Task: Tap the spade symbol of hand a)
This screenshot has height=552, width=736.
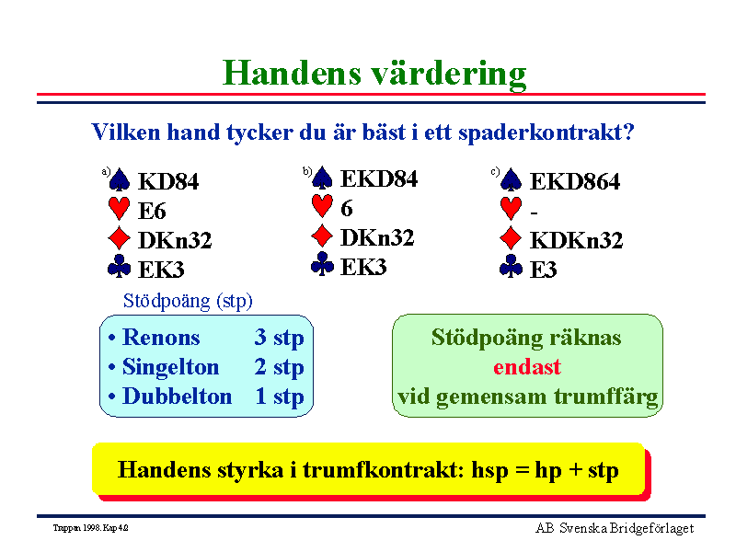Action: [x=120, y=179]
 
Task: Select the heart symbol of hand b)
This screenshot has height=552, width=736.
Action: [x=322, y=206]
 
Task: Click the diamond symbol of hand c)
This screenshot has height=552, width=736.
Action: [x=511, y=238]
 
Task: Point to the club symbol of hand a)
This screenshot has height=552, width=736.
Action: [x=120, y=266]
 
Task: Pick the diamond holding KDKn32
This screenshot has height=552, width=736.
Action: [x=577, y=240]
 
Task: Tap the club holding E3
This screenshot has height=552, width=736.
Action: [x=544, y=270]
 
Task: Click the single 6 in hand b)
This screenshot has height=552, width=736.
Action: [x=347, y=209]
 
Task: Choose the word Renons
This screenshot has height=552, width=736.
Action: [x=161, y=338]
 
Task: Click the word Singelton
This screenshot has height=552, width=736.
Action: [x=171, y=367]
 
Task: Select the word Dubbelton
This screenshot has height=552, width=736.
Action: [x=177, y=397]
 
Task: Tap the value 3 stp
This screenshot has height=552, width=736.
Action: [x=280, y=338]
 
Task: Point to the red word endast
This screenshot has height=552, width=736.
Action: [x=527, y=367]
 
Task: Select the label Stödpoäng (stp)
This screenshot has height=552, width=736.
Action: [x=188, y=302]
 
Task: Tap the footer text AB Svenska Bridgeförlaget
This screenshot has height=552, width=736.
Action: [x=615, y=528]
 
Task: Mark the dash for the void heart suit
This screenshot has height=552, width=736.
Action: [x=534, y=213]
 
